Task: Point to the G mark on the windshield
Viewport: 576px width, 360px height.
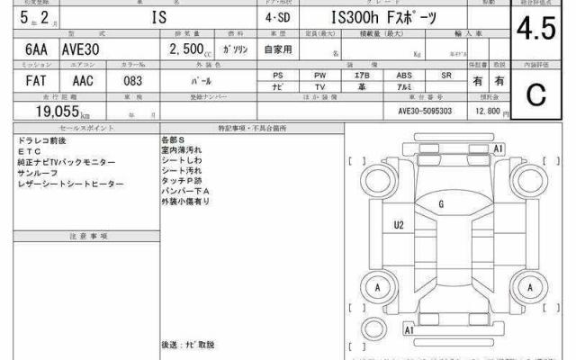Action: tap(441, 204)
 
